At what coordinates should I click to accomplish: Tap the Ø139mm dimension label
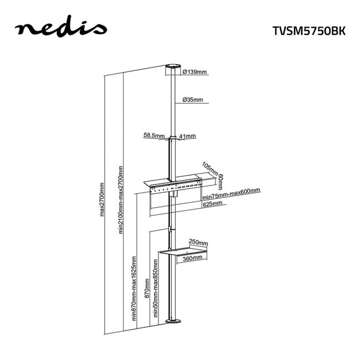click(193, 72)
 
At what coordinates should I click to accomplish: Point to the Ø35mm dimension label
click(192, 100)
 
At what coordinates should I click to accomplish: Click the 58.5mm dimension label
click(155, 135)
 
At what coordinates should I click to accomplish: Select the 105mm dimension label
click(210, 168)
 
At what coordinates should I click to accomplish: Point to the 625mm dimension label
click(212, 204)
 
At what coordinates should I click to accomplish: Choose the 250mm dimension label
click(198, 243)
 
